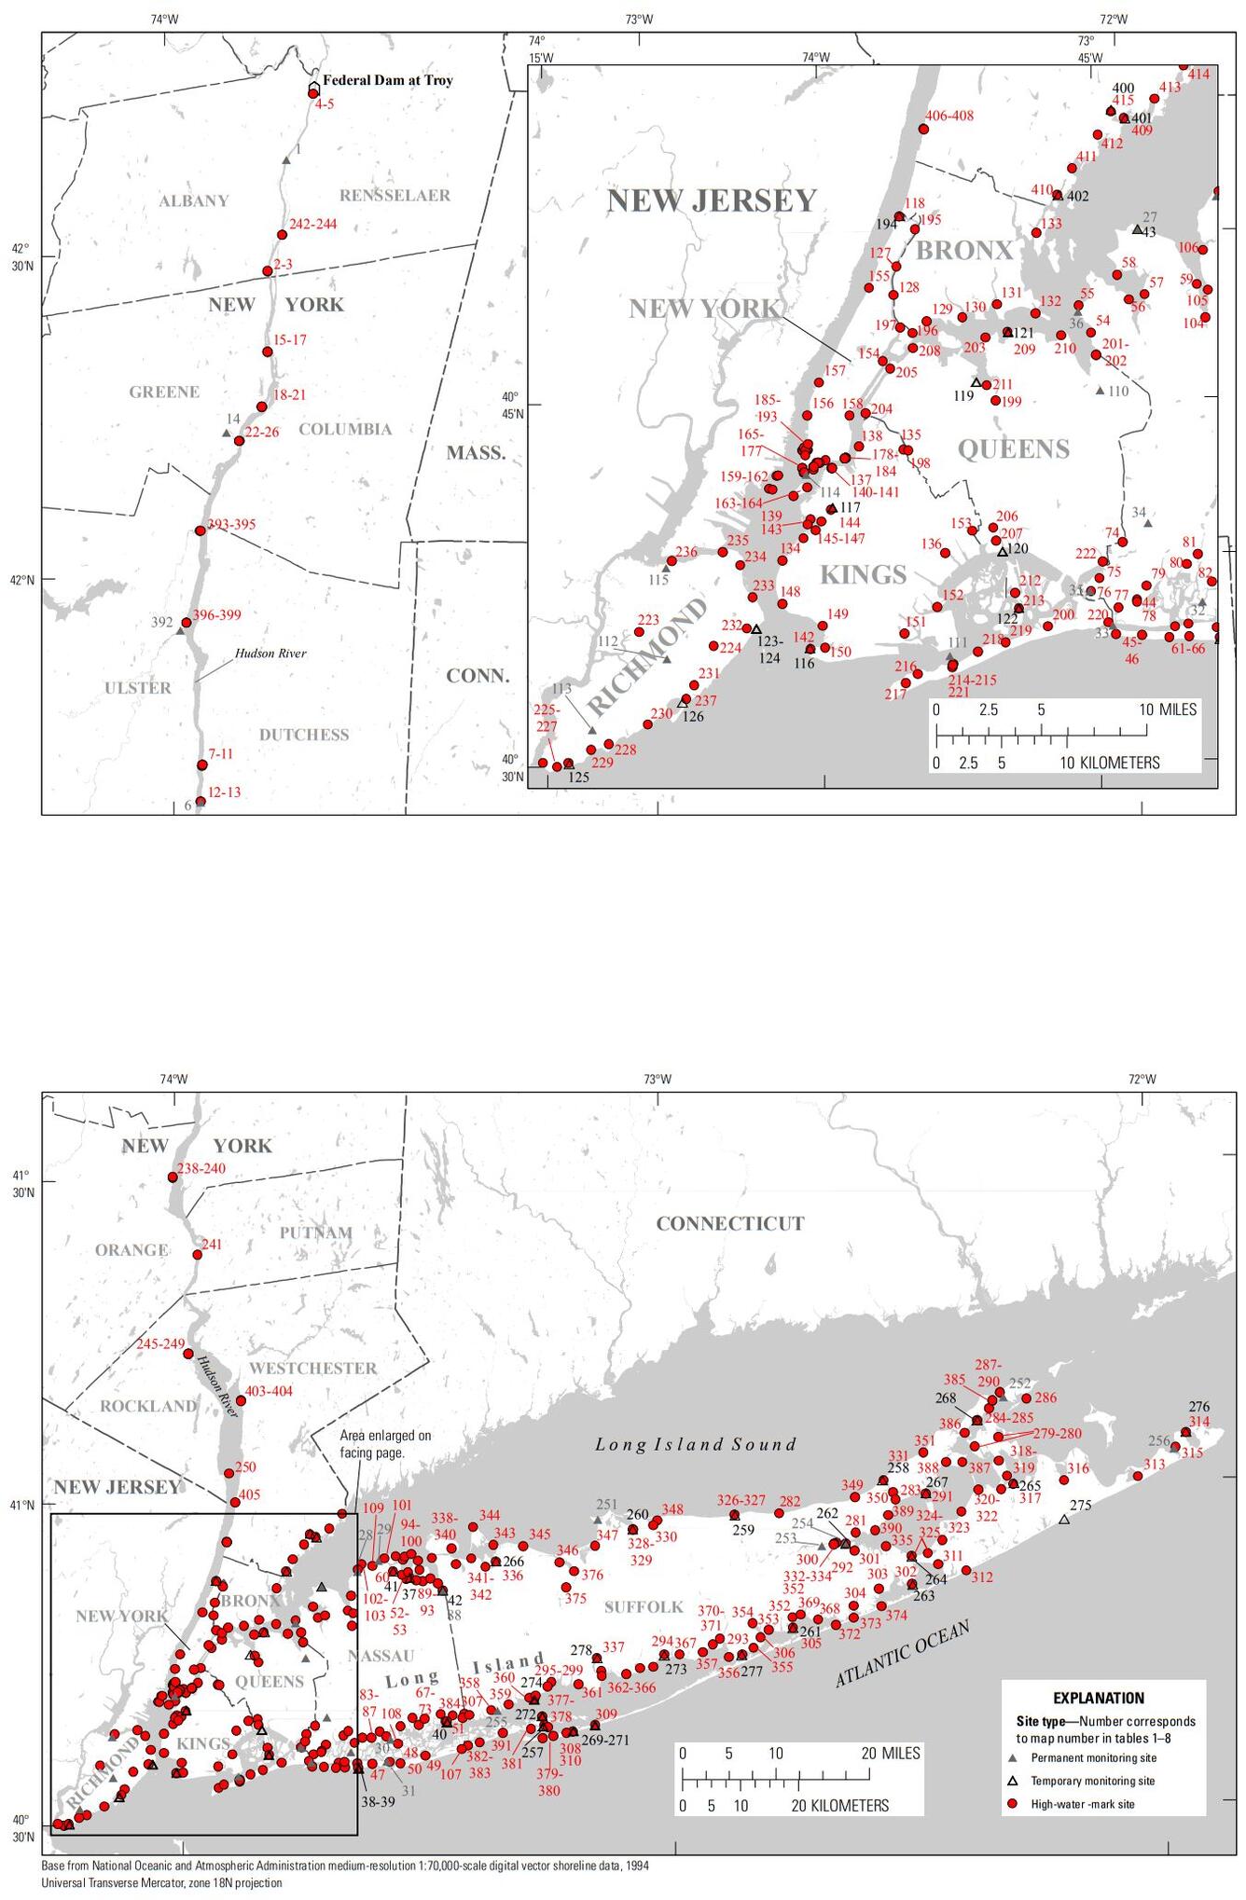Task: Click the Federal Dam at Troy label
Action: coord(387,80)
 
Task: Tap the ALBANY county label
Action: coord(193,200)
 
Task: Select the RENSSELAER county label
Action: coord(395,195)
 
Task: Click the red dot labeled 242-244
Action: coord(282,235)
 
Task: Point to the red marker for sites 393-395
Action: coord(200,530)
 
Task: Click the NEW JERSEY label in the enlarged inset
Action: coord(712,200)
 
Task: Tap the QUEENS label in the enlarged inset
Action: coord(1013,449)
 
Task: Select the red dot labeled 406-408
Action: coord(923,129)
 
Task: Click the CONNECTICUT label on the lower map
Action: coord(729,1223)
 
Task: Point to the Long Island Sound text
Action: coord(696,1444)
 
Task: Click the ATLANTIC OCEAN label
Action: coord(902,1653)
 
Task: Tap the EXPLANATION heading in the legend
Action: coord(1099,1698)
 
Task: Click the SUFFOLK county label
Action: coord(644,1607)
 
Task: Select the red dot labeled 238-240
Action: coord(173,1177)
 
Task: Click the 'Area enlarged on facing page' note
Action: coord(385,1444)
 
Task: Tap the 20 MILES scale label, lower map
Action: coord(890,1753)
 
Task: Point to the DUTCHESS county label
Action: coord(304,735)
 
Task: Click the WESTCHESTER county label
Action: coord(312,1368)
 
